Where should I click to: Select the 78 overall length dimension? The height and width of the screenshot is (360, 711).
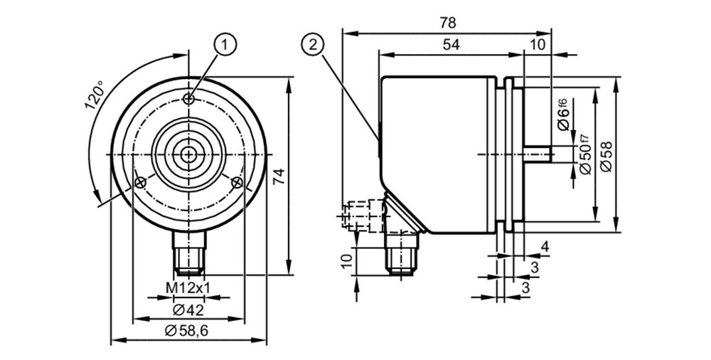tap(447, 23)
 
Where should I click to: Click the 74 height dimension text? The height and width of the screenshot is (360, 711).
tap(279, 176)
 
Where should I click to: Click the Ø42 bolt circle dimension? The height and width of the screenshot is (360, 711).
tap(188, 310)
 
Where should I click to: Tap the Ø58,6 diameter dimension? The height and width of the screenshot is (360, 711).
tap(186, 331)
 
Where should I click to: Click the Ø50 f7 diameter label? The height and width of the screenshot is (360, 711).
tap(586, 154)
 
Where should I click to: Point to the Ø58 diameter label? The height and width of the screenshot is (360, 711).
tap(606, 157)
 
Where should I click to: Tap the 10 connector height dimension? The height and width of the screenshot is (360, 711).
tap(347, 261)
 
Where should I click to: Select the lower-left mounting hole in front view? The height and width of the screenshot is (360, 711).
tap(141, 183)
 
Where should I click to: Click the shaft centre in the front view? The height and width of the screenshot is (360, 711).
tap(187, 155)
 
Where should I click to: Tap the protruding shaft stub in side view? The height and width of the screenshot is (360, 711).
tap(537, 154)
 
